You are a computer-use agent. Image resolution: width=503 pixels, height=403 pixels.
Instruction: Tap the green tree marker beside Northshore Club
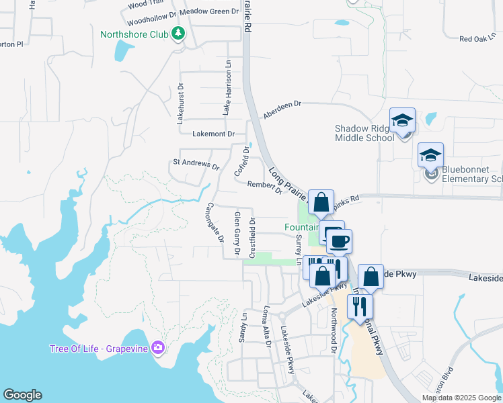[178, 33]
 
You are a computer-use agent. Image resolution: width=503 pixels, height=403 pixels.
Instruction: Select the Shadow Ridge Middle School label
[364, 133]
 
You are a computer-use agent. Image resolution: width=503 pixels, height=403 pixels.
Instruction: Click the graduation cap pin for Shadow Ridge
[403, 121]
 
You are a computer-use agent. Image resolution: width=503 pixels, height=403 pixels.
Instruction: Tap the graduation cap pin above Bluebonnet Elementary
[430, 156]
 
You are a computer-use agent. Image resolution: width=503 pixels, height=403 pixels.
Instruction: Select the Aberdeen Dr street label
[282, 109]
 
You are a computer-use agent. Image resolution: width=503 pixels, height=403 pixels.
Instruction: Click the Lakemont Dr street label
[213, 134]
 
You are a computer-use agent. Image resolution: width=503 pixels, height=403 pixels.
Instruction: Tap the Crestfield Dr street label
[253, 236]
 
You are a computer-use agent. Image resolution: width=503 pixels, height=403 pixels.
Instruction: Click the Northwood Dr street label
[333, 330]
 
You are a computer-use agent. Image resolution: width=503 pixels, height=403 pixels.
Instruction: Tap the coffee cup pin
[339, 240]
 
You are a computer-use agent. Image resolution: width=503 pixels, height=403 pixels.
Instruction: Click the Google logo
[22, 395]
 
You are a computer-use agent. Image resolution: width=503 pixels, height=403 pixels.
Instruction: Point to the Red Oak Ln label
[476, 39]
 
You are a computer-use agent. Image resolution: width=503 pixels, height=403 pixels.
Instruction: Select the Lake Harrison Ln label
[227, 92]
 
